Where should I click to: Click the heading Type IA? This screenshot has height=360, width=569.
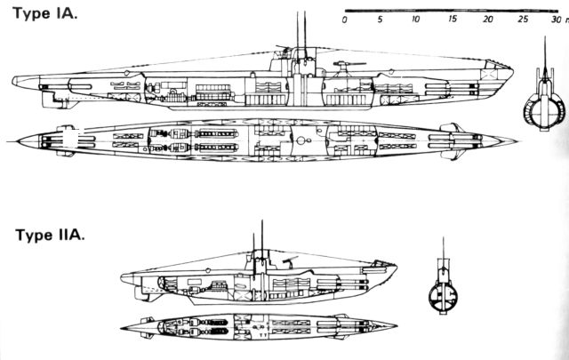point(45,14)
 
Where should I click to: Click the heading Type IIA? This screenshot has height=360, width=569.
point(50,235)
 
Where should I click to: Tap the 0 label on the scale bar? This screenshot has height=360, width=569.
point(344,20)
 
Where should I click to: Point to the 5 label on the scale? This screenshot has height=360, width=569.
point(380,20)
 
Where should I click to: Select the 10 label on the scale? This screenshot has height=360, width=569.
point(415,19)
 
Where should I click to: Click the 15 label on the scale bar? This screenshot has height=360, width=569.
point(452,19)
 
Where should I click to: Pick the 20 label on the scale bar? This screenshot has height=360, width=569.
point(488,19)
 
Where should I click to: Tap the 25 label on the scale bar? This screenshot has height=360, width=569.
point(523,19)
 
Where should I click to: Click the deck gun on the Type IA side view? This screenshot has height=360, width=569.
point(345,68)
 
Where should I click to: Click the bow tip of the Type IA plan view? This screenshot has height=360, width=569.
point(517,141)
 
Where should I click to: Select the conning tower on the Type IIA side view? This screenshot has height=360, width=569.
point(260,260)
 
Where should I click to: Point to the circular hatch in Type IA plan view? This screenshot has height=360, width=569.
point(301,140)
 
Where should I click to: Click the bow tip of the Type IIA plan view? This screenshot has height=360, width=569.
point(397,326)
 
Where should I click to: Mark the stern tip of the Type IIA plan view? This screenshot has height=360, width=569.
point(122,328)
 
